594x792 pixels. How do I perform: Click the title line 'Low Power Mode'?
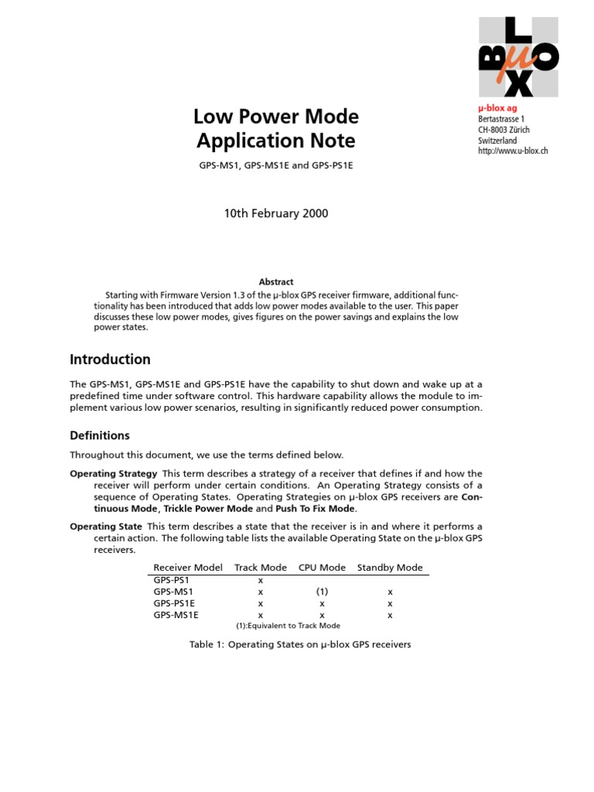pyautogui.click(x=275, y=117)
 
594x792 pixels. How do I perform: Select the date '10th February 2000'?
pyautogui.click(x=275, y=213)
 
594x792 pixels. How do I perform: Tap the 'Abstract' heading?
pyautogui.click(x=275, y=282)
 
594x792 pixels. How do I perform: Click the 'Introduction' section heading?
pyautogui.click(x=110, y=359)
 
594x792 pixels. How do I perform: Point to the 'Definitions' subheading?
pyautogui.click(x=100, y=435)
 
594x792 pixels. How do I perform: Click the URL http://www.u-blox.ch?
pyautogui.click(x=513, y=151)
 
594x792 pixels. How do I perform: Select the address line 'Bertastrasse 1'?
pyautogui.click(x=501, y=118)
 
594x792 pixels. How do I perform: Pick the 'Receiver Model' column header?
pyautogui.click(x=188, y=568)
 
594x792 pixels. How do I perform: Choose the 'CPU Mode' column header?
pyautogui.click(x=322, y=568)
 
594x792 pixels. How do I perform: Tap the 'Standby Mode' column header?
pyautogui.click(x=390, y=568)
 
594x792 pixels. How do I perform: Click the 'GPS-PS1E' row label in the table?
pyautogui.click(x=173, y=603)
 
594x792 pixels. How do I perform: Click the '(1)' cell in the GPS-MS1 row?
pyautogui.click(x=322, y=591)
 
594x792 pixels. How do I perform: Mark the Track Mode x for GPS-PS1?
pyautogui.click(x=261, y=579)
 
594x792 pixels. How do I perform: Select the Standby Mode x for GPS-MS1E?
pyautogui.click(x=390, y=615)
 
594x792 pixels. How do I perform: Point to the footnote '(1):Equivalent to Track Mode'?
pyautogui.click(x=288, y=626)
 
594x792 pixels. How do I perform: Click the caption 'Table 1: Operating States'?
pyautogui.click(x=300, y=644)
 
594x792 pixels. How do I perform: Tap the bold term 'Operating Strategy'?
pyautogui.click(x=113, y=473)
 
